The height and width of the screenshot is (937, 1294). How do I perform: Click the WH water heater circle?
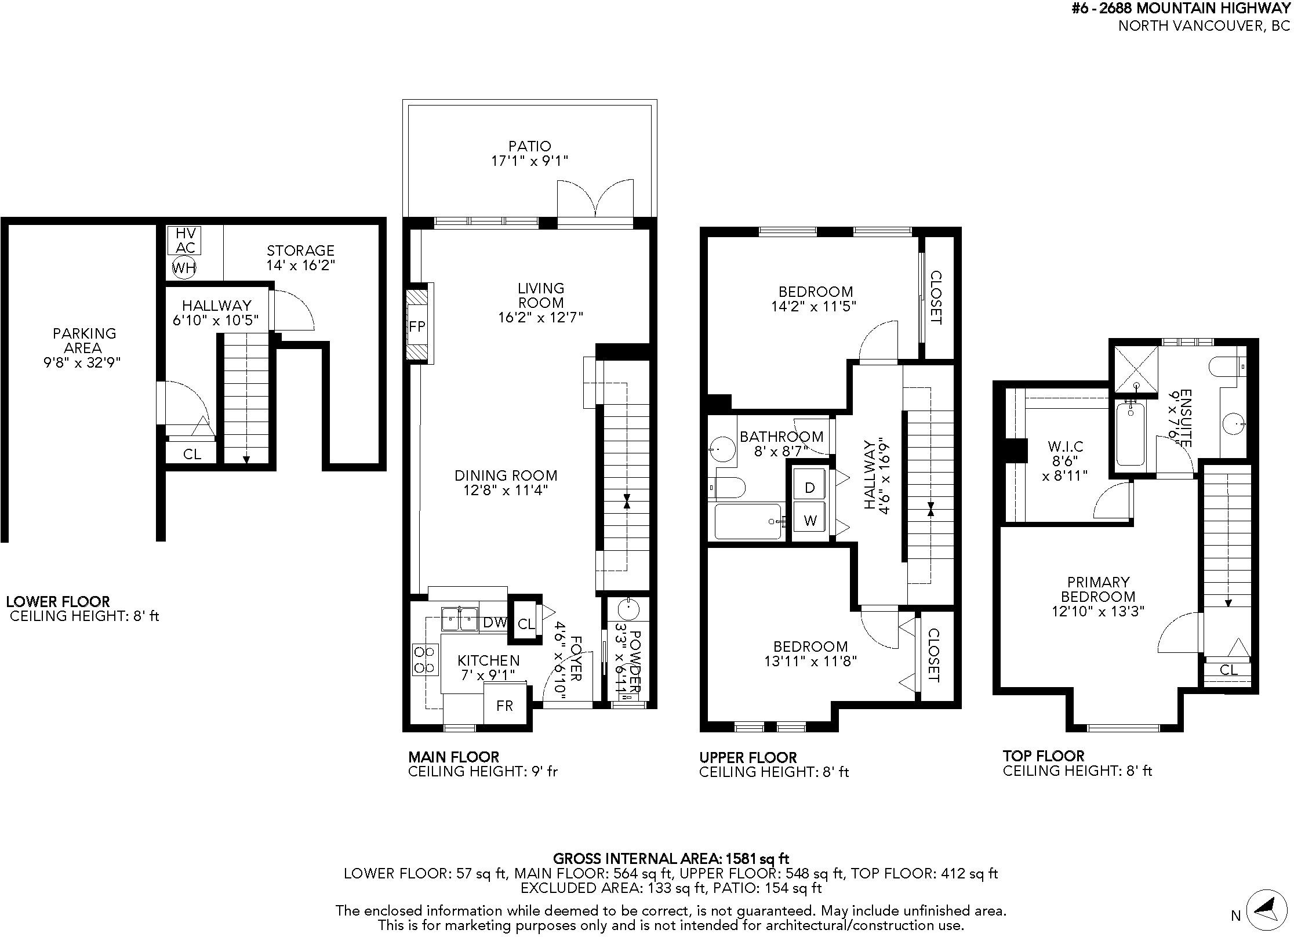coord(184,267)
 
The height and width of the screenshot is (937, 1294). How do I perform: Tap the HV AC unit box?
coord(186,240)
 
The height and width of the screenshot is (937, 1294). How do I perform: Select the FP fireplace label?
coord(417,326)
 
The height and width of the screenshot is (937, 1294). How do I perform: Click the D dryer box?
coord(810,488)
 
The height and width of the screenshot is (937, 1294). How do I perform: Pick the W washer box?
coord(810,520)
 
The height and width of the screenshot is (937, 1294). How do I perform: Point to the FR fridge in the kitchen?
coord(505,705)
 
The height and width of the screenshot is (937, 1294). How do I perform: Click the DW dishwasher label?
coord(495,623)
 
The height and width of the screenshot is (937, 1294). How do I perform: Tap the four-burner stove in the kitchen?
coord(425,660)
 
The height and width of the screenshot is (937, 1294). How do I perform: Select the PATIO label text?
coord(530,146)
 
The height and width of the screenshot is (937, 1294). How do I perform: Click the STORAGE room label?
coord(300,250)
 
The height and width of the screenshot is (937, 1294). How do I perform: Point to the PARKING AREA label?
coord(85,340)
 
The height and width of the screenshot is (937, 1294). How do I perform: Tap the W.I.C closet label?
coord(1066,446)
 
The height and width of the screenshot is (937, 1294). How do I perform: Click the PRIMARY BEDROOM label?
coord(1098,589)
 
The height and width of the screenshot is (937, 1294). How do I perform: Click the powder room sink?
coord(628,610)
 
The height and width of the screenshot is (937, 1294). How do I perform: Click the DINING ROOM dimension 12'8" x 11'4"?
coord(506,491)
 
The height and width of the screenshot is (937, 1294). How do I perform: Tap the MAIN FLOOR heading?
coord(453,757)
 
